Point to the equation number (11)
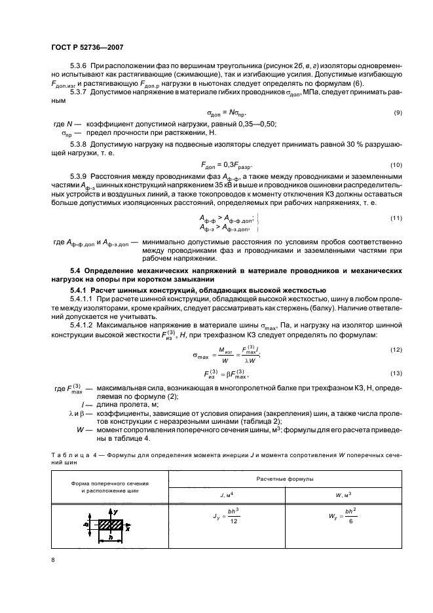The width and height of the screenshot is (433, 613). click(x=396, y=217)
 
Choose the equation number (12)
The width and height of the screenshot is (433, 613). click(x=396, y=352)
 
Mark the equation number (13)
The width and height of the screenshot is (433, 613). click(x=396, y=373)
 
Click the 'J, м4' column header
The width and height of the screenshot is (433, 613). click(x=225, y=495)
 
